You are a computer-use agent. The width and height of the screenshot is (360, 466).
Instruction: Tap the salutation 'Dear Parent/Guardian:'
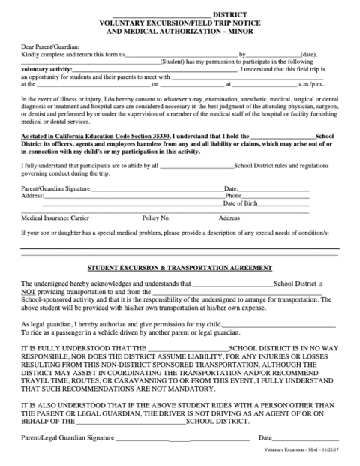coord(49,47)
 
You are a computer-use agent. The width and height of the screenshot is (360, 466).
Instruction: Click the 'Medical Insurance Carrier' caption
coord(55,218)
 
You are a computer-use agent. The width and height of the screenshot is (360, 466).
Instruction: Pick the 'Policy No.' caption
coord(156,218)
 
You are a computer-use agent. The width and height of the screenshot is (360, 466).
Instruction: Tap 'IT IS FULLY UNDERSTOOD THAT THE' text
coord(78,349)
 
